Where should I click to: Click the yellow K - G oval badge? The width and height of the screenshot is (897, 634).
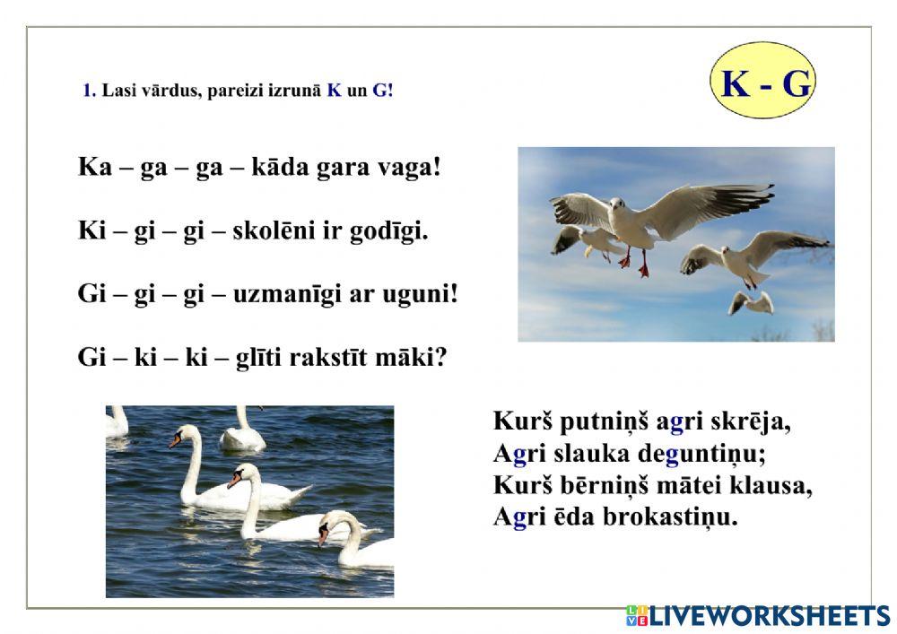tap(765, 82)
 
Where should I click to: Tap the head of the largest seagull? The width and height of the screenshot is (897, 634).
tap(618, 208)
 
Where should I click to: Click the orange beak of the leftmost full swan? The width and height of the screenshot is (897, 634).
tap(174, 442)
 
